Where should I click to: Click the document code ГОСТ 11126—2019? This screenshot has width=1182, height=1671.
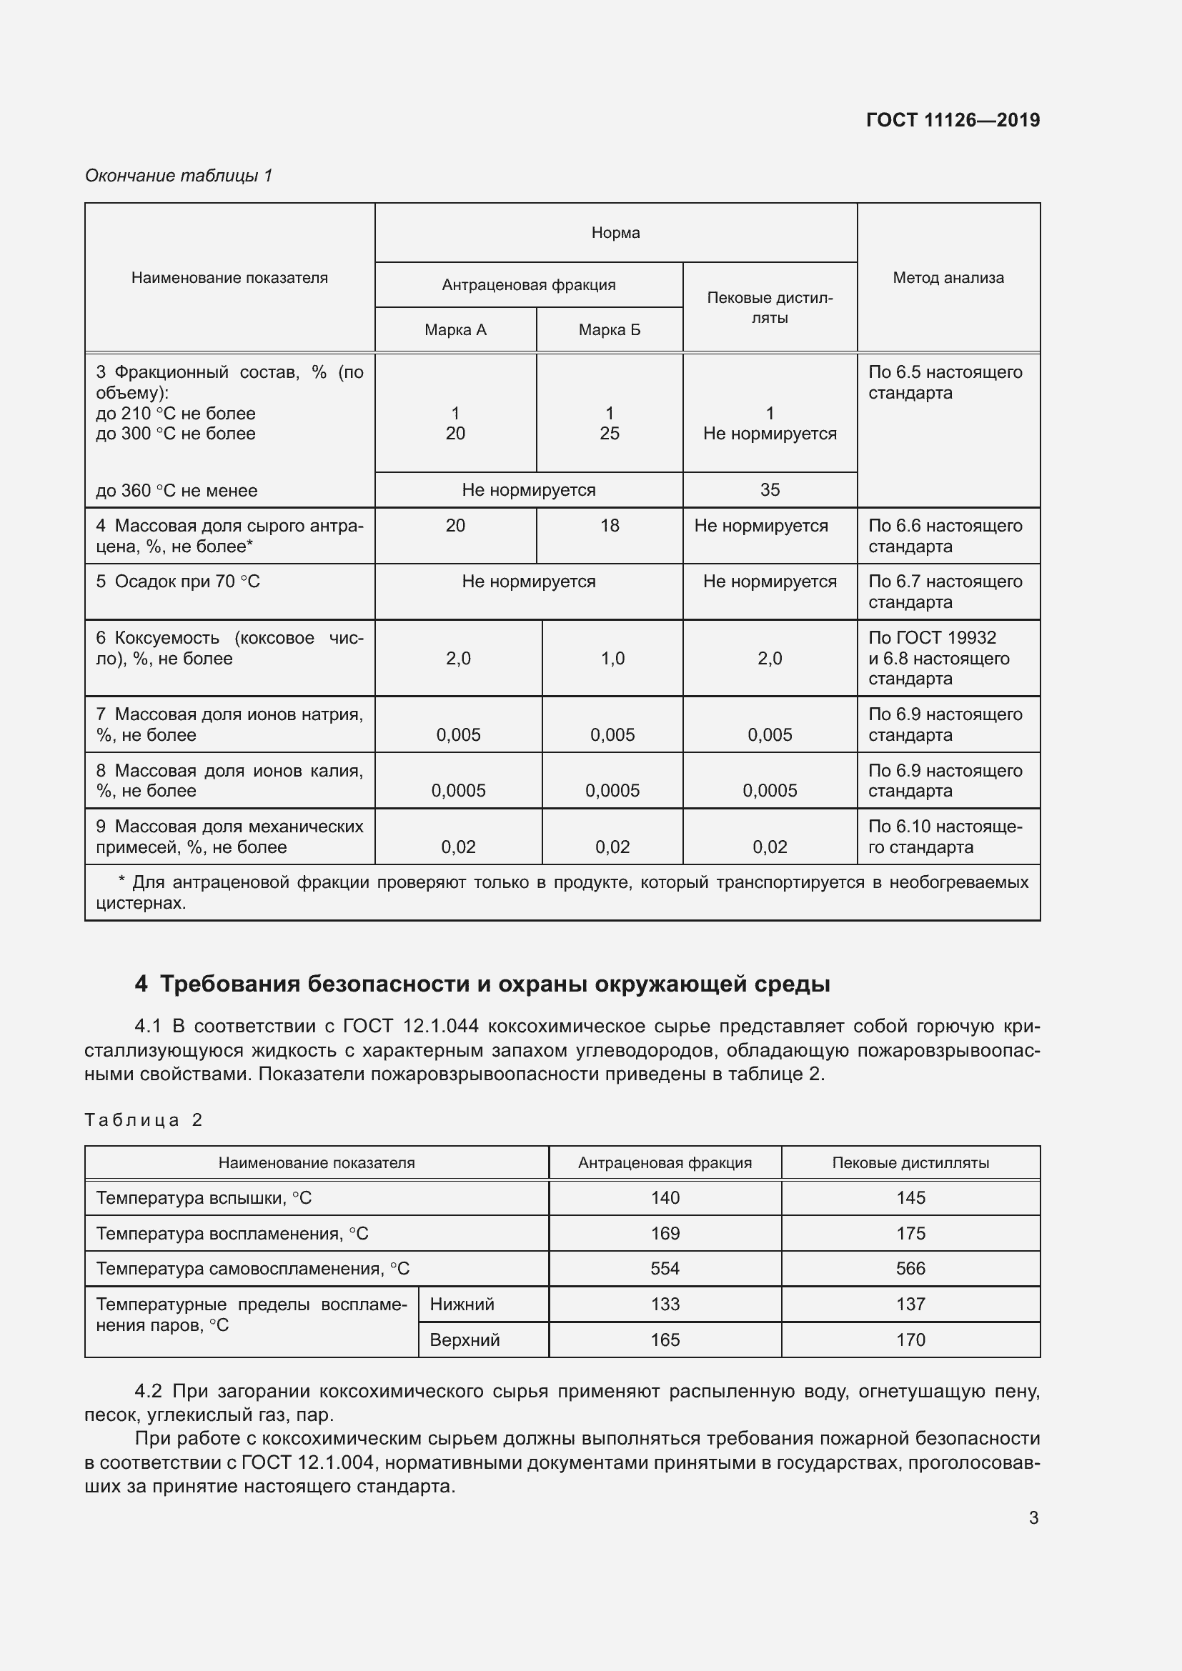coord(953,120)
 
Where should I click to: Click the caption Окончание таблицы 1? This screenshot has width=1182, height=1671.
coord(179,176)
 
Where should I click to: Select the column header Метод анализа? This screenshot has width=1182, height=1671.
coord(948,277)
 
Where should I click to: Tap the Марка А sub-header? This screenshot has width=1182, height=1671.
coord(455,329)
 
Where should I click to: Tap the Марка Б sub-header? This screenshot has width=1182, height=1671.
coord(609,329)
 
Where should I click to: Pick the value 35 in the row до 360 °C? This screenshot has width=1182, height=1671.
coord(770,490)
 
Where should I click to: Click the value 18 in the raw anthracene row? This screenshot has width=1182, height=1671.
coord(609,526)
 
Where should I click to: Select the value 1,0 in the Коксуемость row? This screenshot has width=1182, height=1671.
coord(612,658)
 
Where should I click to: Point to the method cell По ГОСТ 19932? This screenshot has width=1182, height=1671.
coord(932,637)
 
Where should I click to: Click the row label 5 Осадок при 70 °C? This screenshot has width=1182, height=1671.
coord(179,582)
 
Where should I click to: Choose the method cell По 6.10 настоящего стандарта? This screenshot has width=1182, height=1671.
coord(945,837)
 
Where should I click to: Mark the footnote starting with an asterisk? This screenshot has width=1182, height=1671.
coord(562,892)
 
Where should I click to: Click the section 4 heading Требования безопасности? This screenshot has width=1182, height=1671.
coord(482,984)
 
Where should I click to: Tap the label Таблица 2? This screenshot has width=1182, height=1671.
coord(144,1119)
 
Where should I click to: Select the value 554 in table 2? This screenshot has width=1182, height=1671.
coord(665,1269)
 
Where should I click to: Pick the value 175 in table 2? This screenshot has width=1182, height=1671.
coord(910,1233)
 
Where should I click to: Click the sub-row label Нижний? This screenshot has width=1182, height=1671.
coord(462,1305)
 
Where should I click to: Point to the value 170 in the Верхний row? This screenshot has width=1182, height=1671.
coord(910,1340)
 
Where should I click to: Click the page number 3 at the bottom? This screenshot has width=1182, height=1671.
coord(1033,1517)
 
